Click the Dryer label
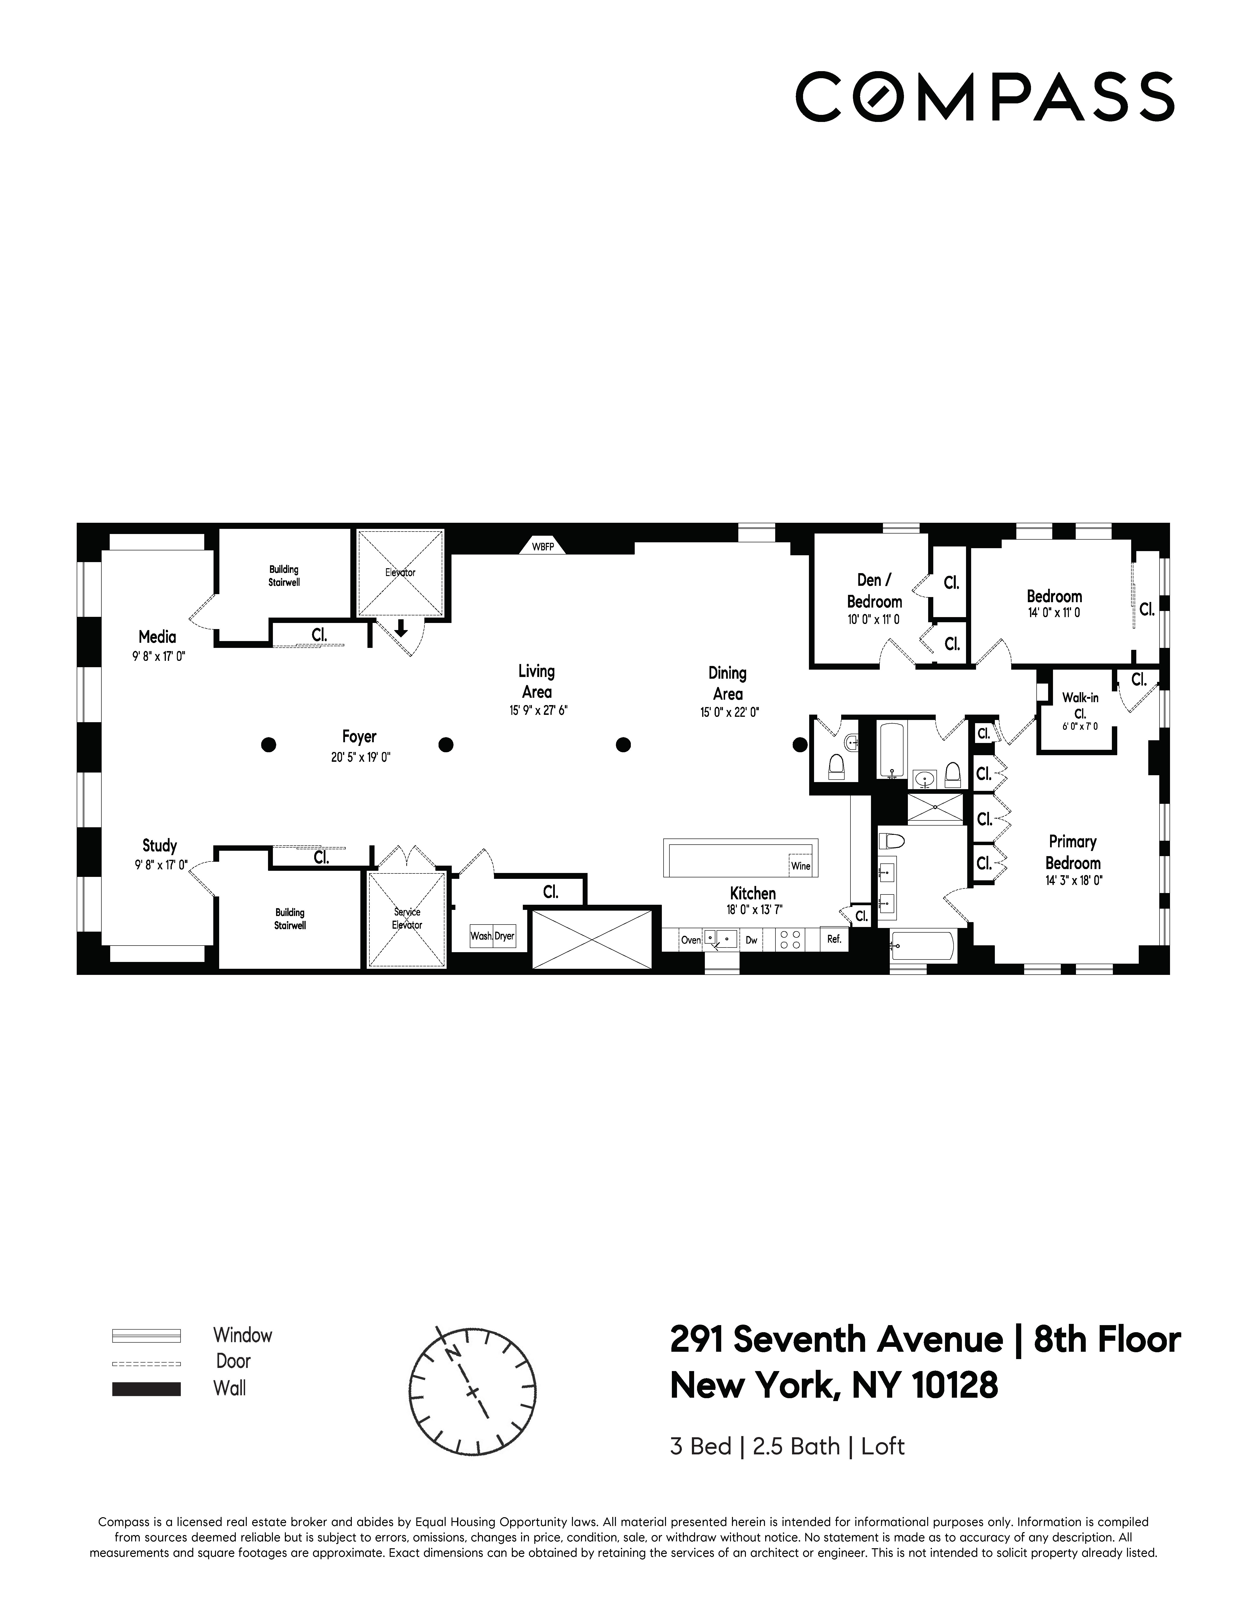tap(505, 936)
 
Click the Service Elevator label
tap(407, 918)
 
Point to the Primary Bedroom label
tap(1073, 852)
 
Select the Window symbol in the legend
tap(146, 1335)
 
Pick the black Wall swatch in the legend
tap(146, 1388)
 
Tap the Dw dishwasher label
tap(752, 940)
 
